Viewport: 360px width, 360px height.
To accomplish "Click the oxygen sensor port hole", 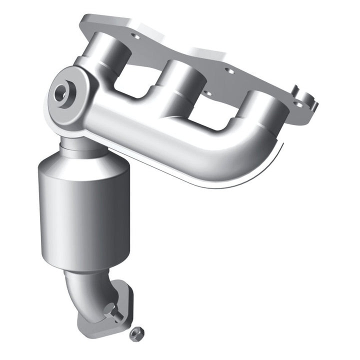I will pyautogui.click(x=61, y=92).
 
